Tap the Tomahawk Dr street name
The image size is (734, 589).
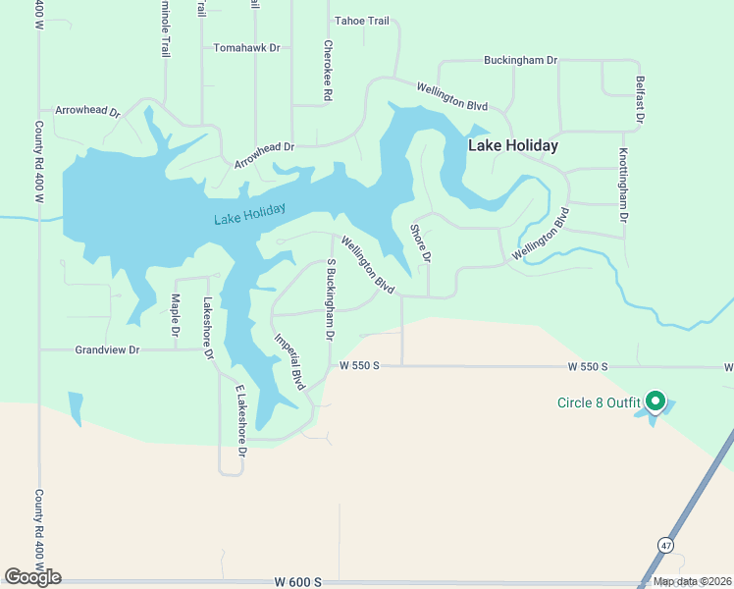[247, 47]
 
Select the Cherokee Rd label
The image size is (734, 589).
[328, 71]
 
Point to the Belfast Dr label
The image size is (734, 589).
[639, 99]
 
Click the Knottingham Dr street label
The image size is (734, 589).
[622, 186]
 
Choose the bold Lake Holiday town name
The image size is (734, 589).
[512, 145]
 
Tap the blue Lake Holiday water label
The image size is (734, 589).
[250, 213]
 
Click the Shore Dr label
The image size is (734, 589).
[420, 243]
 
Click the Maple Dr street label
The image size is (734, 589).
[175, 316]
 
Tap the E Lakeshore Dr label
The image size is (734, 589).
[238, 414]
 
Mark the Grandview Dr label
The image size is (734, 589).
[108, 349]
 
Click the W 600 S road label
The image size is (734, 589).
[299, 581]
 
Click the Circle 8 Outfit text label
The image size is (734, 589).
[598, 402]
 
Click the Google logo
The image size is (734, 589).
[32, 577]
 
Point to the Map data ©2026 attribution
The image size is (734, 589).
[692, 581]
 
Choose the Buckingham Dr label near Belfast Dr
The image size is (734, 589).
[520, 60]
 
